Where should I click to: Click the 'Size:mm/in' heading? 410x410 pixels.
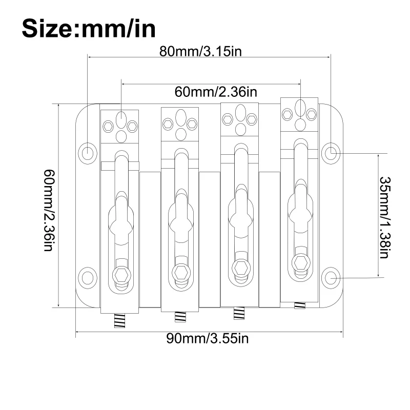click(89, 28)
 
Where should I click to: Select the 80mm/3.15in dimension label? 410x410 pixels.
click(200, 51)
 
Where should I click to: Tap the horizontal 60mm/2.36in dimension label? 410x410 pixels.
click(216, 92)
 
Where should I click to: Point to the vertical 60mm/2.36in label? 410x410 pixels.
click(49, 210)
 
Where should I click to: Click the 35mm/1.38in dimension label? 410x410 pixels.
click(385, 217)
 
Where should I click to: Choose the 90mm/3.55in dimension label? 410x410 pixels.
click(208, 339)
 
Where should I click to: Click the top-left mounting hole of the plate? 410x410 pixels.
click(88, 153)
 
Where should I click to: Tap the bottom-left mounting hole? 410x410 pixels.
click(88, 278)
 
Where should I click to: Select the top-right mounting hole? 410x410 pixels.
click(331, 153)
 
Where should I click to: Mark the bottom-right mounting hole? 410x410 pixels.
click(331, 278)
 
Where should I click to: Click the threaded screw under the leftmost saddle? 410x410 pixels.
click(120, 321)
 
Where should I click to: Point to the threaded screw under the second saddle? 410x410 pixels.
click(180, 317)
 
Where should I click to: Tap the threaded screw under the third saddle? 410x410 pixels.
click(239, 313)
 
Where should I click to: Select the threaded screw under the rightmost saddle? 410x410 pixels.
click(300, 305)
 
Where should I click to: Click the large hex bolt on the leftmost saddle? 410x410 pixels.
click(121, 275)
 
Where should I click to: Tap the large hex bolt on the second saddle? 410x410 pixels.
click(181, 273)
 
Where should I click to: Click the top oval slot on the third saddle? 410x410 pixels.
click(240, 112)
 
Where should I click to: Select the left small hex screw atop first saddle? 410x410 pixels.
click(108, 127)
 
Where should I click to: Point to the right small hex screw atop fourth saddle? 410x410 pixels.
click(312, 114)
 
